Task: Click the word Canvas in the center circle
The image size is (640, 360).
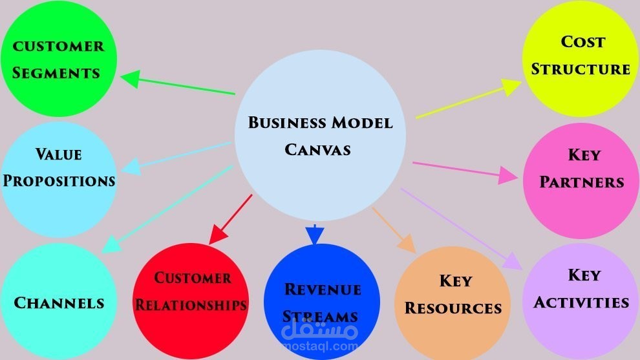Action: (318, 149)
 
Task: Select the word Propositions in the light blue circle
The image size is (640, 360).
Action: (59, 180)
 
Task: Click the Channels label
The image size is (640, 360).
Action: (59, 302)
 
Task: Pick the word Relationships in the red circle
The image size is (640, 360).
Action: (192, 304)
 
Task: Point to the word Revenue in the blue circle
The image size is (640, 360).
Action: (323, 288)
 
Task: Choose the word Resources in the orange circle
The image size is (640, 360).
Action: (453, 308)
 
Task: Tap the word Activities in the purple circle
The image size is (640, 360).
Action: (581, 302)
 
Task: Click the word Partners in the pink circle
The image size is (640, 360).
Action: (582, 182)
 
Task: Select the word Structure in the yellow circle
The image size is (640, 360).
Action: (581, 69)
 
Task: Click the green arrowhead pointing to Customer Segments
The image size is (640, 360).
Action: (129, 79)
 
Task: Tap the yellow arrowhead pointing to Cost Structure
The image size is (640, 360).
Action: (512, 87)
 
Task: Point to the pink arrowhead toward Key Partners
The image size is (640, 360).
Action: (509, 176)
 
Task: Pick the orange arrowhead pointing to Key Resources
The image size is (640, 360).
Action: (407, 243)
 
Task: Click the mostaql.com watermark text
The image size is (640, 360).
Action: (319, 346)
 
